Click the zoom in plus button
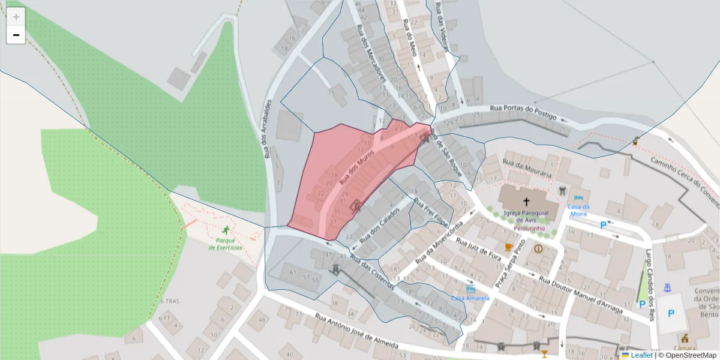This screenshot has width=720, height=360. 16,17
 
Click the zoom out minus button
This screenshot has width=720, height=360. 16,35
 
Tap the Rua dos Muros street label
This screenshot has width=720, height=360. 357,167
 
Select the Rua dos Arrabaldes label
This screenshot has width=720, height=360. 268,129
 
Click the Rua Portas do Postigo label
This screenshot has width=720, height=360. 523,112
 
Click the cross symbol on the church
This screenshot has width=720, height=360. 526,202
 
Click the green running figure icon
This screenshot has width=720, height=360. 226,230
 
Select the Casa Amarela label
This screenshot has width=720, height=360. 470,298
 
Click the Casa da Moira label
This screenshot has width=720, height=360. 578,210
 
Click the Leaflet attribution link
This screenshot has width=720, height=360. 641,355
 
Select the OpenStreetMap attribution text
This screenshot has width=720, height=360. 687,355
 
